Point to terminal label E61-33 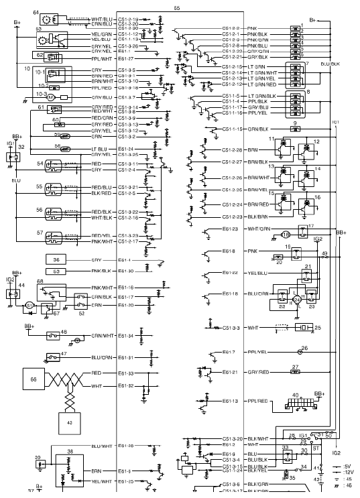tap(126, 373)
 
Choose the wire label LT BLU tap(99, 149)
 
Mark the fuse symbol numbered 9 tap(296, 128)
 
